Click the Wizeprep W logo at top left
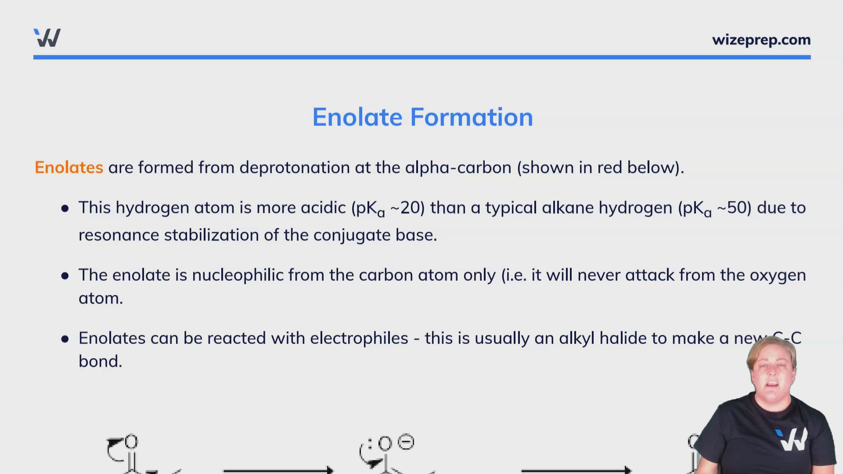click(x=47, y=38)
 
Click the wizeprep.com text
click(x=761, y=40)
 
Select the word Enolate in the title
click(x=357, y=117)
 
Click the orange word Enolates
click(x=69, y=168)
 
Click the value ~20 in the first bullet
click(x=407, y=208)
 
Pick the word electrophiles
click(x=359, y=338)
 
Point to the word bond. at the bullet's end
click(x=100, y=362)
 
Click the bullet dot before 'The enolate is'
click(x=65, y=276)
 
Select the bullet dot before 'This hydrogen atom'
click(x=65, y=208)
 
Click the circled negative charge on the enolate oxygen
click(x=406, y=442)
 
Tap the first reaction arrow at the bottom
click(x=278, y=470)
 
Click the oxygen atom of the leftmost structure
click(x=131, y=442)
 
